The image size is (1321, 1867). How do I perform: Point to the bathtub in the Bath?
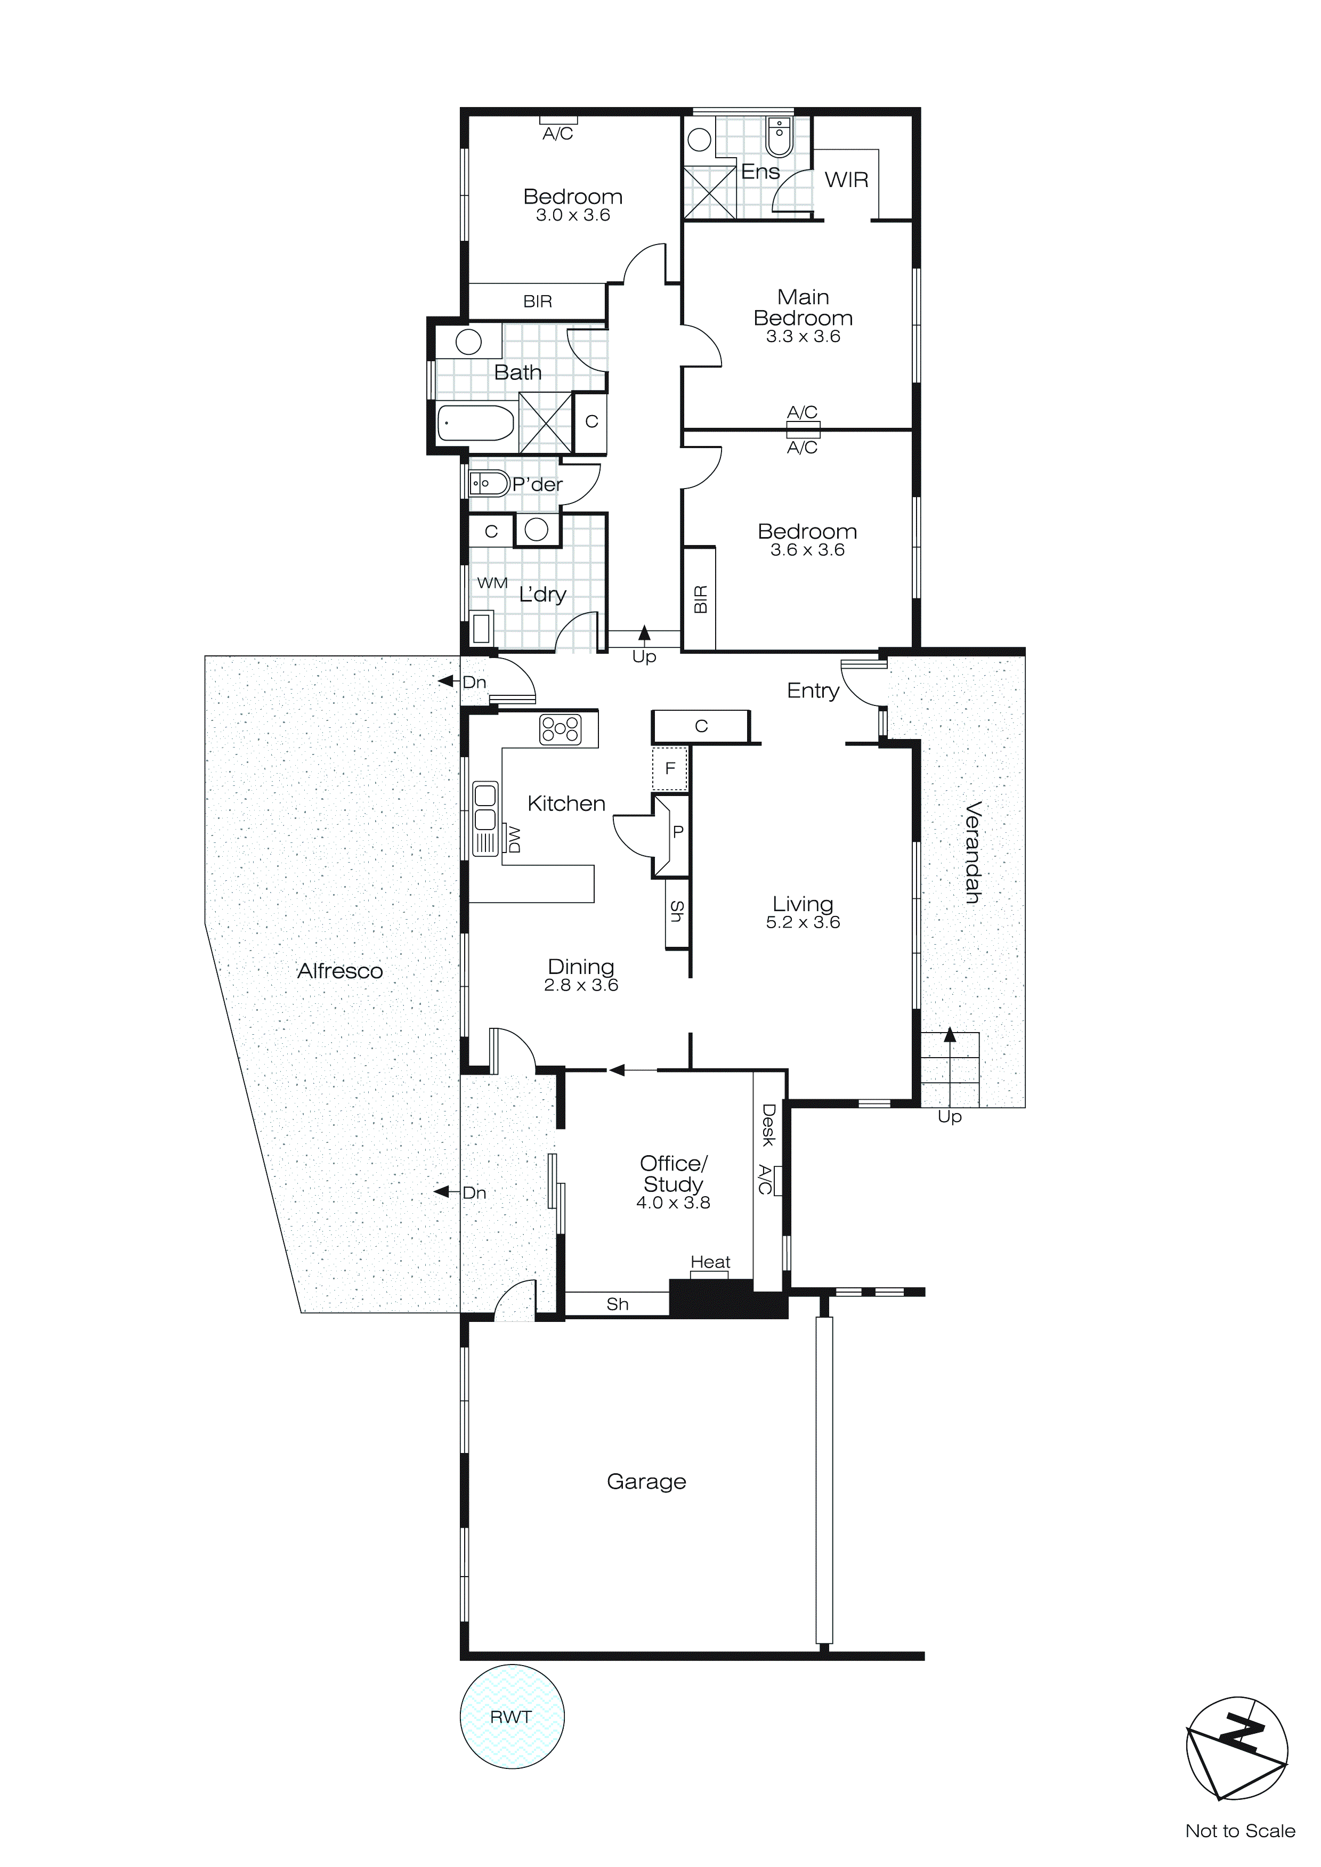[476, 423]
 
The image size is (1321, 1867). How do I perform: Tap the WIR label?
[846, 180]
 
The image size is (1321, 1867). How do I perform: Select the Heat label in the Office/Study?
[710, 1262]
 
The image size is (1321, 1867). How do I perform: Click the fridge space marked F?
[670, 768]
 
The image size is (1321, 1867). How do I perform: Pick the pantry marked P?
[678, 832]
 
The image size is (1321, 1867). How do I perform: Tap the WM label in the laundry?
[492, 583]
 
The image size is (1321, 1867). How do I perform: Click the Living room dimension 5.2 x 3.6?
[803, 922]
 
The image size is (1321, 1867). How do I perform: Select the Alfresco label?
[340, 971]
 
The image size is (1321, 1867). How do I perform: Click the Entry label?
[813, 691]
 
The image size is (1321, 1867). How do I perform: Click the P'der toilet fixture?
[480, 484]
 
